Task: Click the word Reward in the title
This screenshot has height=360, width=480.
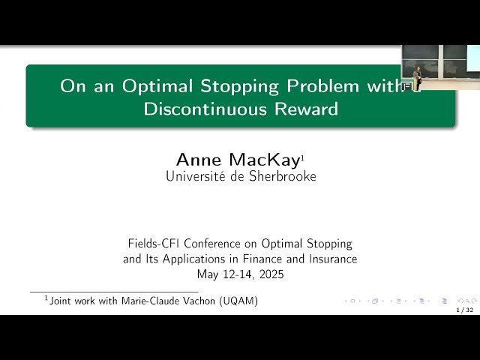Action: tap(305, 109)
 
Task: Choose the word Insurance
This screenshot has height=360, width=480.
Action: tap(331, 259)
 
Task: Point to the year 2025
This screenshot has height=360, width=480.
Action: tap(269, 274)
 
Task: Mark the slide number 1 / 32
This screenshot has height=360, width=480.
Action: tap(465, 309)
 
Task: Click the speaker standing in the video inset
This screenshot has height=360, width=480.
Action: tap(417, 75)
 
